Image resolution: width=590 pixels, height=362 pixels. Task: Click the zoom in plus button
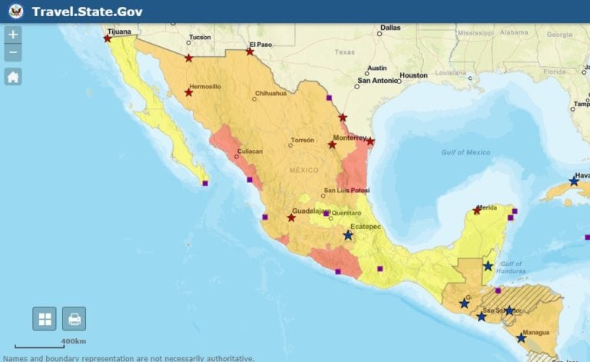pos(13,35)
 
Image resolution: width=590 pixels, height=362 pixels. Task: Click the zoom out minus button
pos(13,53)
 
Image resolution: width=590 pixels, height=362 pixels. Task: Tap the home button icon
pos(13,76)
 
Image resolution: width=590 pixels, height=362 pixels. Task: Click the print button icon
pos(75,318)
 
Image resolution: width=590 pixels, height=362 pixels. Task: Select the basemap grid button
pos(45,318)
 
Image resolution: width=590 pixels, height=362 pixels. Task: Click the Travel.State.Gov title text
pos(87,12)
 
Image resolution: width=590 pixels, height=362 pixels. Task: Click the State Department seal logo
pos(16,12)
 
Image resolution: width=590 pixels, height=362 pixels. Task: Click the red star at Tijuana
pos(108,38)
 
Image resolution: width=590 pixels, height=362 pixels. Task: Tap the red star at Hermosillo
pos(189,93)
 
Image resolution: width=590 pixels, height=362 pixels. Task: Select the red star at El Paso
pos(250,51)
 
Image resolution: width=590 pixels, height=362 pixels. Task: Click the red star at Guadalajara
pos(291,218)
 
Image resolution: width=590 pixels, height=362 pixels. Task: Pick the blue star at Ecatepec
pos(348,235)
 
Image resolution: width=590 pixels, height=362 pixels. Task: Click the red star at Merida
pos(477,211)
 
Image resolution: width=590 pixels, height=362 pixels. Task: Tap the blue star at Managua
pos(521,338)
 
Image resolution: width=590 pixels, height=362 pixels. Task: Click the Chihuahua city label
pos(270,94)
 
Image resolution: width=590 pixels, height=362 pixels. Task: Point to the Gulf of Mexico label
pos(466,152)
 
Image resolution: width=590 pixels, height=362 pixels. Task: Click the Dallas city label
pos(390,28)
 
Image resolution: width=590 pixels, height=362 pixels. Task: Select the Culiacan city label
pos(249,151)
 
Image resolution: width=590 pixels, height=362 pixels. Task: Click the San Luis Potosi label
pos(346,190)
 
